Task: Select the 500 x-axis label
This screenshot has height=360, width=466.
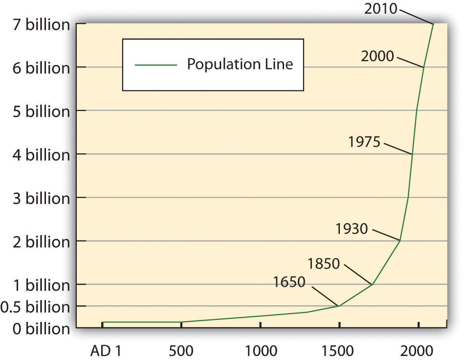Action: tap(181, 350)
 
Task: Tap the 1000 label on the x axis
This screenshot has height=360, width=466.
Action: tap(260, 350)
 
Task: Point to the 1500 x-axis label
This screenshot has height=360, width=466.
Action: tap(339, 350)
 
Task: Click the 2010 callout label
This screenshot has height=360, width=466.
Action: tap(381, 8)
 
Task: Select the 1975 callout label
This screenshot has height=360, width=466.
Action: tap(364, 142)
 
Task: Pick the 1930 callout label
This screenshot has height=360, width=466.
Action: tap(352, 228)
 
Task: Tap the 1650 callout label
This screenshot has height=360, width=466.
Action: tap(289, 282)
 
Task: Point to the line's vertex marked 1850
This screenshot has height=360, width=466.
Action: tap(373, 284)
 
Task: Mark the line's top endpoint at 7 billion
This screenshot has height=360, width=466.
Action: tap(433, 23)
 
